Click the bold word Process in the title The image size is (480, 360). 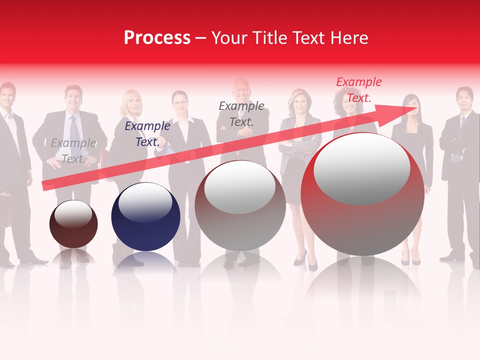[x=157, y=38]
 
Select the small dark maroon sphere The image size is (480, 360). [x=73, y=225]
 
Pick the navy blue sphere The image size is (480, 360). [x=145, y=217]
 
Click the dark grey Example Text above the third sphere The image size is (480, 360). [x=241, y=113]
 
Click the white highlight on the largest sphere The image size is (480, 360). [x=361, y=169]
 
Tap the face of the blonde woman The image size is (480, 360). [x=132, y=102]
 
